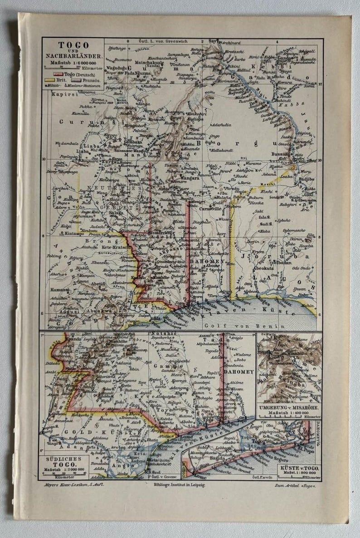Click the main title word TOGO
click(73, 45)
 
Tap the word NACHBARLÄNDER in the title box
click(73, 56)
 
